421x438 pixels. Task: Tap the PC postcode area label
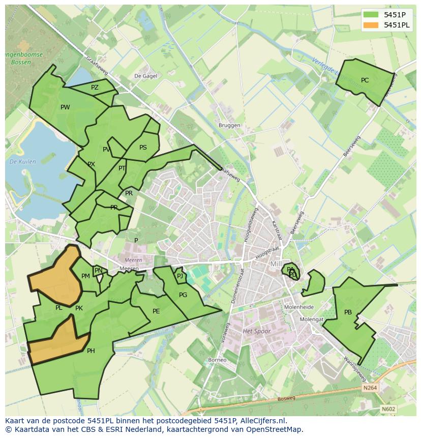[x=365, y=80]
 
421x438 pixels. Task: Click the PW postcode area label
[x=65, y=107]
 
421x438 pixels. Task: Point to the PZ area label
[x=95, y=87]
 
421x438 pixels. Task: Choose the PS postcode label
[x=143, y=148]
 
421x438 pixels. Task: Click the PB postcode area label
[x=348, y=312]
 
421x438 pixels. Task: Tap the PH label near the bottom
[x=91, y=351]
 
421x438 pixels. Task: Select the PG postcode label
[x=183, y=295]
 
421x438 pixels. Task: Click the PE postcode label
[x=156, y=311]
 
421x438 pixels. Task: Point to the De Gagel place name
[x=145, y=76]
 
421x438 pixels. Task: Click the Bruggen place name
[x=229, y=126]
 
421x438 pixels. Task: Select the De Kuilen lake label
[x=23, y=162]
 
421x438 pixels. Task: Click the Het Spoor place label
[x=257, y=331]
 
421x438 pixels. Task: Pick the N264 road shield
[x=370, y=388]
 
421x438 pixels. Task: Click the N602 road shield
[x=388, y=408]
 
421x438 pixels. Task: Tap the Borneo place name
[x=217, y=360]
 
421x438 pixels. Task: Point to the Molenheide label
[x=299, y=307]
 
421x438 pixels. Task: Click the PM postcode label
[x=85, y=276]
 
